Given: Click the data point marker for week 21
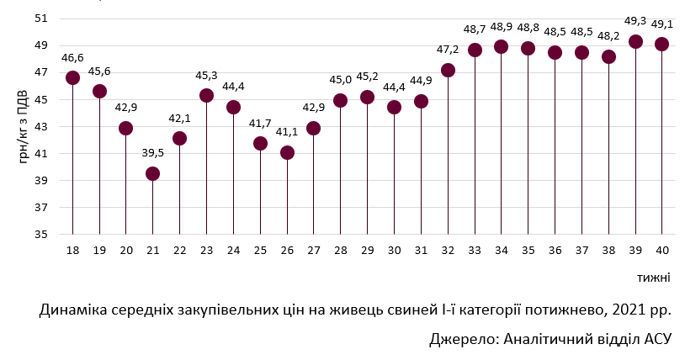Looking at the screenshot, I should click(152, 173).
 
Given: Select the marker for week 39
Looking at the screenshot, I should click(635, 41).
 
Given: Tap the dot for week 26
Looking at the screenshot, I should click(287, 152).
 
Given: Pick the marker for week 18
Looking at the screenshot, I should click(72, 77).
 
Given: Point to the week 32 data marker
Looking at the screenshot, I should click(448, 70).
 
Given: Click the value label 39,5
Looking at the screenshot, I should click(152, 154).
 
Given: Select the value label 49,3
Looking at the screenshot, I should click(635, 22).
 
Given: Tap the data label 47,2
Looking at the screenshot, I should click(448, 50).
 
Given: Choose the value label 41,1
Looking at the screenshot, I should click(287, 133).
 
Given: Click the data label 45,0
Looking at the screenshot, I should click(341, 80).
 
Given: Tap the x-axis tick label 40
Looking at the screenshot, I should click(662, 250).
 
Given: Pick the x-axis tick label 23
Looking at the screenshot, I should click(206, 250).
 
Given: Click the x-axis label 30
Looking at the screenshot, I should click(394, 250).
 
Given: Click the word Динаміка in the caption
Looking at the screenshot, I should click(75, 310).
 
